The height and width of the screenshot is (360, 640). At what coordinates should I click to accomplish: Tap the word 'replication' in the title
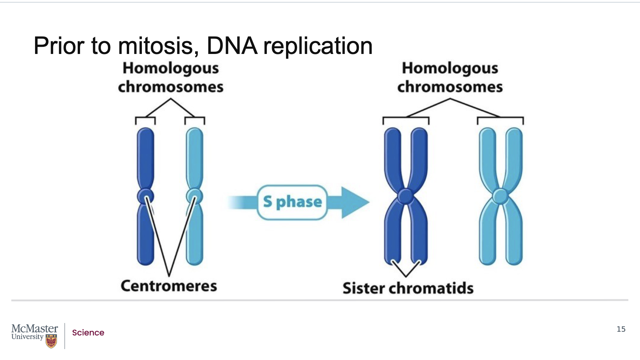(318, 47)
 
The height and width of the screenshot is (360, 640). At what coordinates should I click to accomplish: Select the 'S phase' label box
(292, 202)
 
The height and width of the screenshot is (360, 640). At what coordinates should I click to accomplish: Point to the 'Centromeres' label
(169, 286)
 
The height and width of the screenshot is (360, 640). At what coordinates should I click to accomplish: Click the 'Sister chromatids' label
(408, 288)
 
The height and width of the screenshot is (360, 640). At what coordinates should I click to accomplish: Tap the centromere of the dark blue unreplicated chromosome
(145, 196)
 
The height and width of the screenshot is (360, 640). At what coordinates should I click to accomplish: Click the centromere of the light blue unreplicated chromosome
(195, 196)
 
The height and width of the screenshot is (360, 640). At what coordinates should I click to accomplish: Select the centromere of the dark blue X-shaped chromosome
(406, 196)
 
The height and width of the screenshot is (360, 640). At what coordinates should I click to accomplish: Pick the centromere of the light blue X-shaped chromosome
(501, 196)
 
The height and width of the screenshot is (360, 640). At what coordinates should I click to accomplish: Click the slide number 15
(621, 329)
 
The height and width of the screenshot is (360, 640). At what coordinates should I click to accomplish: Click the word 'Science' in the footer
(88, 332)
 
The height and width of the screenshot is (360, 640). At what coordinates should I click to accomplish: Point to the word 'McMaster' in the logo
(35, 329)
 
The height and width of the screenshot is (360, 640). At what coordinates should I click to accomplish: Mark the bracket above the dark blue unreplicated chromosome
(145, 121)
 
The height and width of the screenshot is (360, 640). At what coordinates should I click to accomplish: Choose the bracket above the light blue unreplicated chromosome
(195, 121)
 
